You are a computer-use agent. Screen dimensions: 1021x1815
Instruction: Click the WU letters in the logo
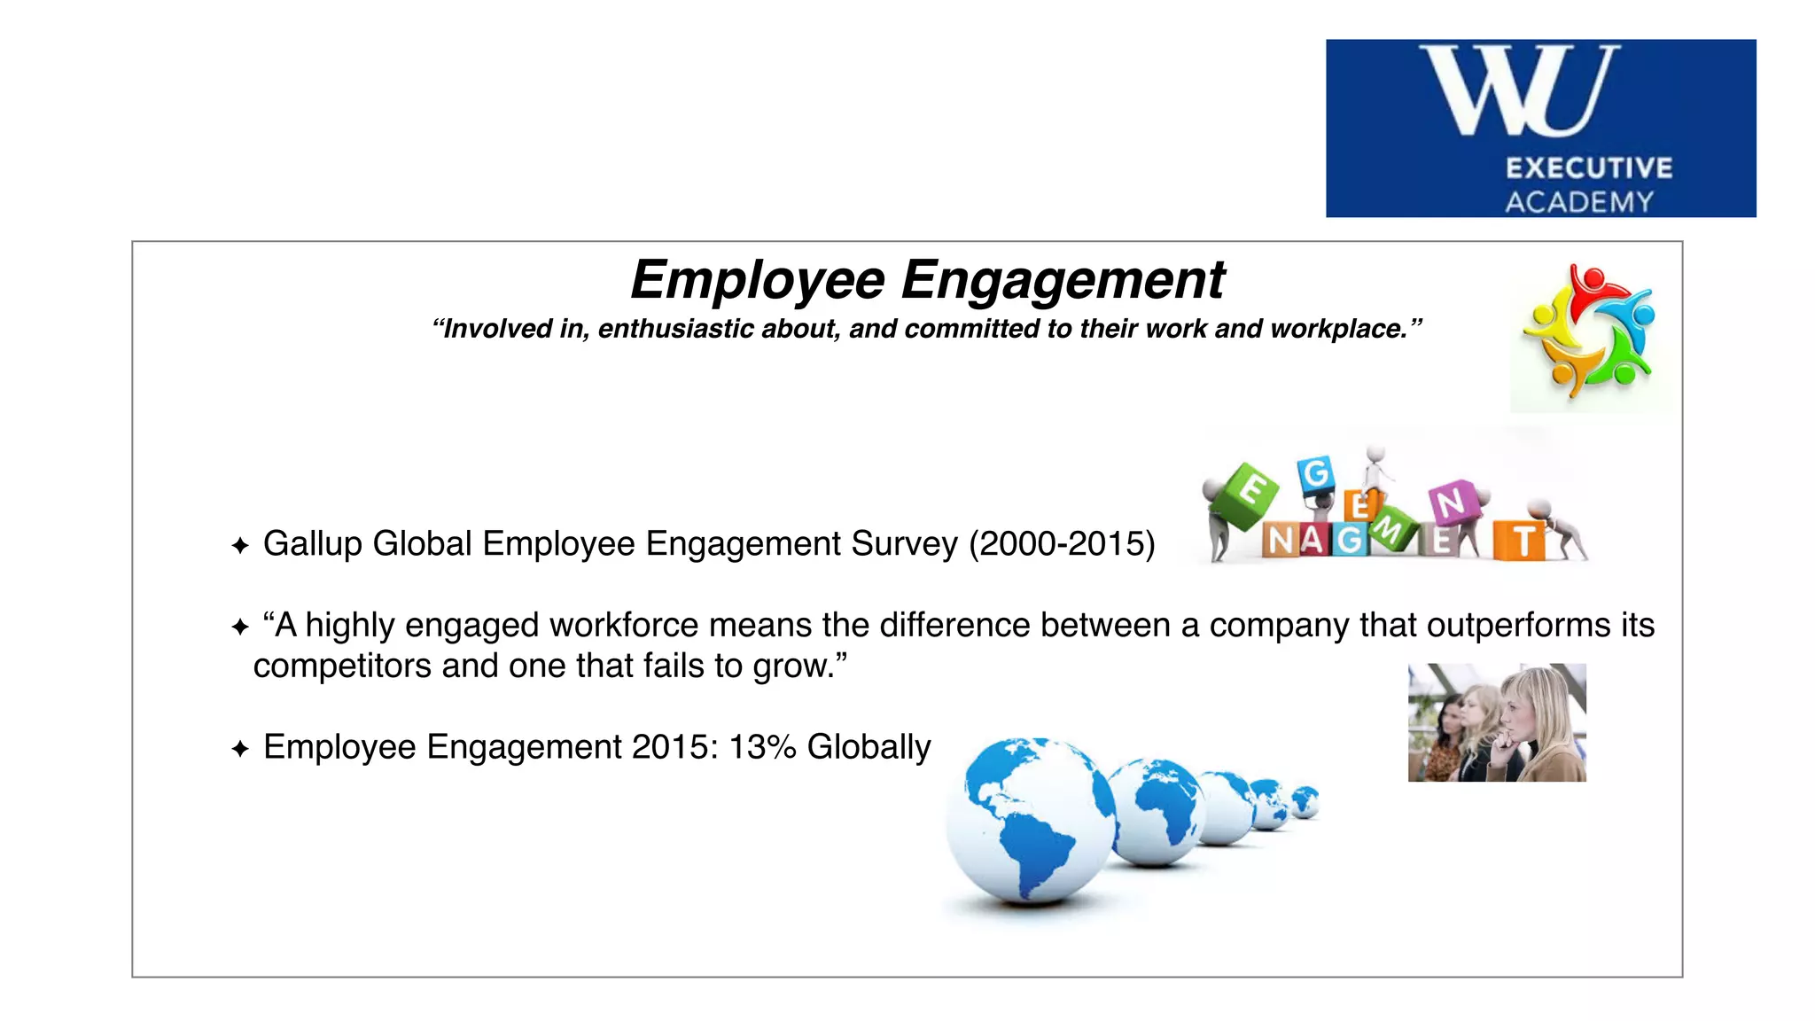click(1521, 90)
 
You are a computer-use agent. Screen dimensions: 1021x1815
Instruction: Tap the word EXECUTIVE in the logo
click(1588, 168)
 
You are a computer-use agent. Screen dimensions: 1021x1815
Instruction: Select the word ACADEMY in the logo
click(1579, 202)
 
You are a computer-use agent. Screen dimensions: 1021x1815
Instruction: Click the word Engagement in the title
click(1063, 280)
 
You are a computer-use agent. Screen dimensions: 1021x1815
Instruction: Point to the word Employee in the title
click(758, 280)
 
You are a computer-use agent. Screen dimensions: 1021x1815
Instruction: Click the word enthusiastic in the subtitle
click(675, 329)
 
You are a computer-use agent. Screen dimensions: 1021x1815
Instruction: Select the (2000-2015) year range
click(1062, 543)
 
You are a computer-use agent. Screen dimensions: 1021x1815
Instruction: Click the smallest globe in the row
click(1305, 801)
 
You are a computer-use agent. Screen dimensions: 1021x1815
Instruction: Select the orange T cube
click(1520, 541)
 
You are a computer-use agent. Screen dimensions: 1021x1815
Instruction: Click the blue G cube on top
click(1316, 474)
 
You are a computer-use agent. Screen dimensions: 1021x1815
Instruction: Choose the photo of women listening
click(1497, 722)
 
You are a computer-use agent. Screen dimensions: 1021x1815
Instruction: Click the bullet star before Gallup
click(239, 545)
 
